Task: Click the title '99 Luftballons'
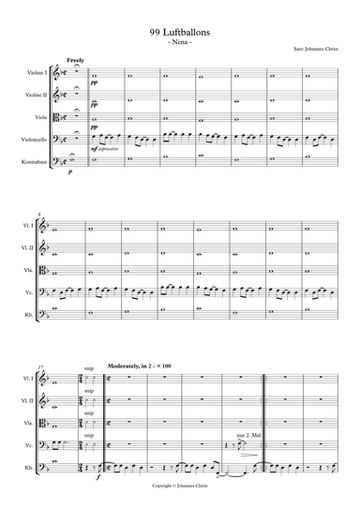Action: point(179,31)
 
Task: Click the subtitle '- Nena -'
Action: point(179,42)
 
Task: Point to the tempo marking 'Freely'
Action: point(76,60)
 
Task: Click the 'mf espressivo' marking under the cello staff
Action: point(106,149)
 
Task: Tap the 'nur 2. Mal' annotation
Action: point(249,437)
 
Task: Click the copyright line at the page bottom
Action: point(179,487)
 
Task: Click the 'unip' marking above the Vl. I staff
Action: point(88,368)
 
